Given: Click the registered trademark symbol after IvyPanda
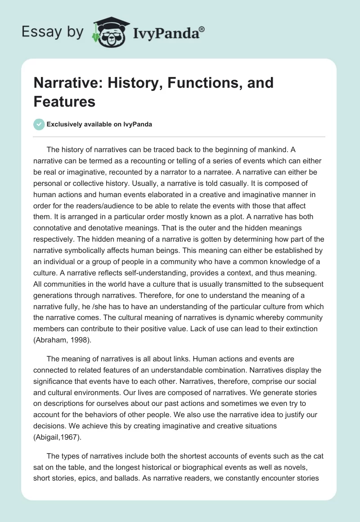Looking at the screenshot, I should click(202, 28).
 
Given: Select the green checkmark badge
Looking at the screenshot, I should click(39, 124).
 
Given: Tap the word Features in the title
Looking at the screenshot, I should click(64, 101).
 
